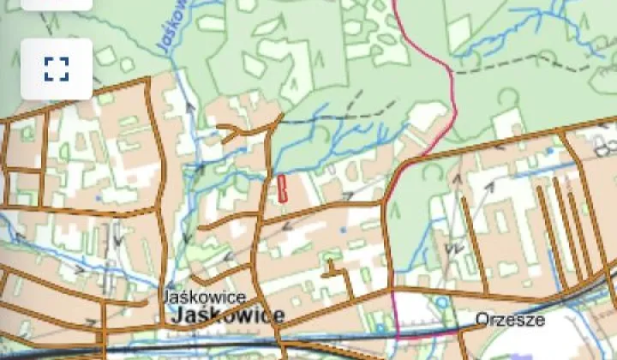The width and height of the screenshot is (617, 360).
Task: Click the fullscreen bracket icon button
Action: [x=57, y=69]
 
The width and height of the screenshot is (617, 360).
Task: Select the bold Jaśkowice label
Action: [x=227, y=315]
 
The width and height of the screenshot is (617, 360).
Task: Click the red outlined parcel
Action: [x=281, y=188]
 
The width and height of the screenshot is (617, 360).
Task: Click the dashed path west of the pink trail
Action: [x=360, y=111]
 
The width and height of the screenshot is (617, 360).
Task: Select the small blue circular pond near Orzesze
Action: [x=443, y=303]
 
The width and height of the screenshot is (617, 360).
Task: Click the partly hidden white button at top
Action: [x=57, y=4]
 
